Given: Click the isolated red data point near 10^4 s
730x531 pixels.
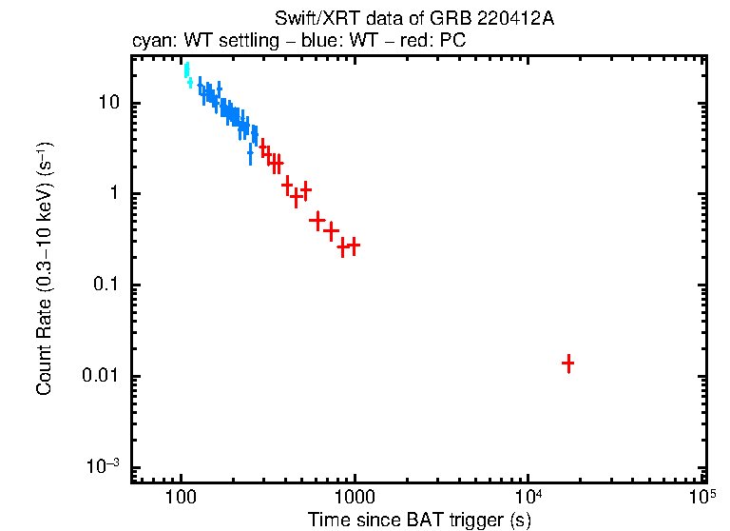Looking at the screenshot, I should pos(567,363).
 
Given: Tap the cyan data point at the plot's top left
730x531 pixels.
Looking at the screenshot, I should pos(186,69).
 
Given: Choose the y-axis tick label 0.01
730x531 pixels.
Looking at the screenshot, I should pos(99,377).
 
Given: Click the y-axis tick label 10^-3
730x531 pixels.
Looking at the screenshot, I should pos(101,466).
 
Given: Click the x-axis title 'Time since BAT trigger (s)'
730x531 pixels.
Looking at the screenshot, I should pos(418,521).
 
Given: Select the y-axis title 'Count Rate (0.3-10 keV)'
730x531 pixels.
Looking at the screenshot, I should pos(44,270).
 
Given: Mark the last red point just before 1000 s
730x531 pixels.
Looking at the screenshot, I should pos(354,246).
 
